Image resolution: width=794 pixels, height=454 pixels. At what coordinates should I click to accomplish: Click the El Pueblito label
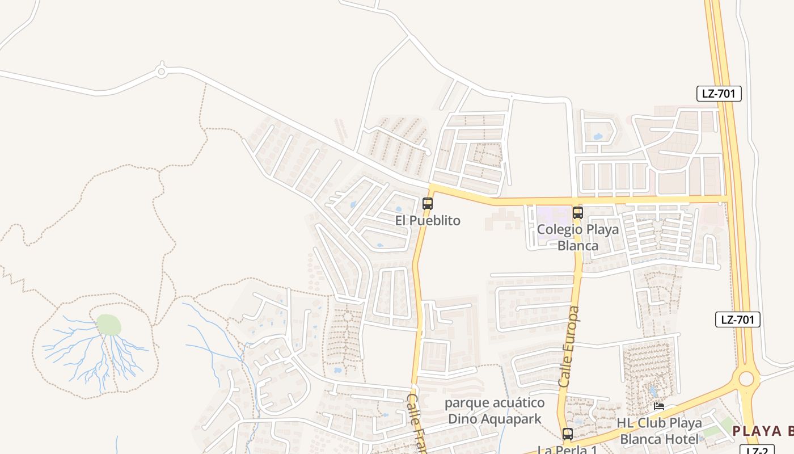point(428,220)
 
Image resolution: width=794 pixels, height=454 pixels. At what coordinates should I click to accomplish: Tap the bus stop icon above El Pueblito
point(428,204)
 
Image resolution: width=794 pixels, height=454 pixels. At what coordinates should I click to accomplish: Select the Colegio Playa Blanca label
point(578,237)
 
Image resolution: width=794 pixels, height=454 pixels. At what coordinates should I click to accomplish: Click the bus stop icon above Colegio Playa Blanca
point(578,213)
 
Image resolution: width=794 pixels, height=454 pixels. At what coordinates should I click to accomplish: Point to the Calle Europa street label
point(569,347)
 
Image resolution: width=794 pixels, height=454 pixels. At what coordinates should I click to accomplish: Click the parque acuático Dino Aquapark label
point(495,411)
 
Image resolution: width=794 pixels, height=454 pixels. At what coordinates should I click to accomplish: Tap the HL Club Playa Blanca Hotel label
point(660,431)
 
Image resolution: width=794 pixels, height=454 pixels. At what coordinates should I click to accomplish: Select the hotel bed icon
point(659,406)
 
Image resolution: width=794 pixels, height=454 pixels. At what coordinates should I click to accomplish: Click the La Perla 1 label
point(567,449)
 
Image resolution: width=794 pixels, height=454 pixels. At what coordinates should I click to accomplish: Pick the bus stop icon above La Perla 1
point(568,434)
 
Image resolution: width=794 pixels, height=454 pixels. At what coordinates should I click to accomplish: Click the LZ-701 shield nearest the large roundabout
point(737,320)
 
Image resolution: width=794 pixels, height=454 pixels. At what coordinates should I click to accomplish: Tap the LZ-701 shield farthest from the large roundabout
point(719,94)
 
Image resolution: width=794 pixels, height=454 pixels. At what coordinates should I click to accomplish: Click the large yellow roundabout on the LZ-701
point(746,379)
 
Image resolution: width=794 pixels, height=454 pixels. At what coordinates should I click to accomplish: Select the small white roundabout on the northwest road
point(162,72)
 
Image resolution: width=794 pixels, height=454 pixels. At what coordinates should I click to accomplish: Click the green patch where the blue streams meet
point(108,325)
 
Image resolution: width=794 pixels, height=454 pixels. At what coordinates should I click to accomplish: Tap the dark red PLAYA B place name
point(763,431)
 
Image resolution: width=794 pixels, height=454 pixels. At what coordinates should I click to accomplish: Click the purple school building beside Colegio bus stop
point(553,215)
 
